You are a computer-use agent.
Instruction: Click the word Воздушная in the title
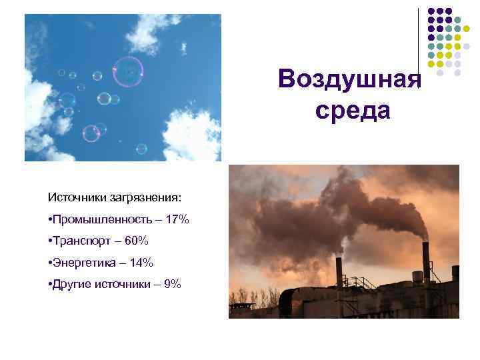350,79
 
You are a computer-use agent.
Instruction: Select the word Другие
71,284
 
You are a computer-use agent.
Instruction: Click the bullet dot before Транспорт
51,241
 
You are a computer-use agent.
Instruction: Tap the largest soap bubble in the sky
128,71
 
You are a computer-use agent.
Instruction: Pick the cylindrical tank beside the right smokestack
417,277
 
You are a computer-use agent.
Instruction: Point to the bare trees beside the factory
253,297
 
